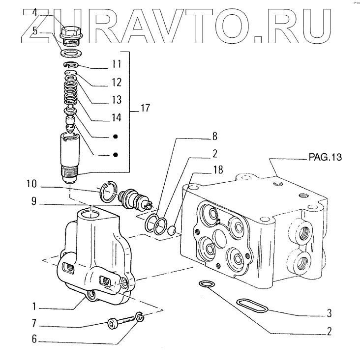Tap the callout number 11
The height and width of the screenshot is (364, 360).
point(116,64)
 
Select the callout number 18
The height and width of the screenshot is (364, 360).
point(218,170)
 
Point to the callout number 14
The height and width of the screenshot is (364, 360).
point(116,118)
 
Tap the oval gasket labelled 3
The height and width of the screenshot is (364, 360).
point(252,305)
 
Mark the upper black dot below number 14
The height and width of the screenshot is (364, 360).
point(115,136)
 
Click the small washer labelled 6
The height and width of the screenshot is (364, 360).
point(139,318)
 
